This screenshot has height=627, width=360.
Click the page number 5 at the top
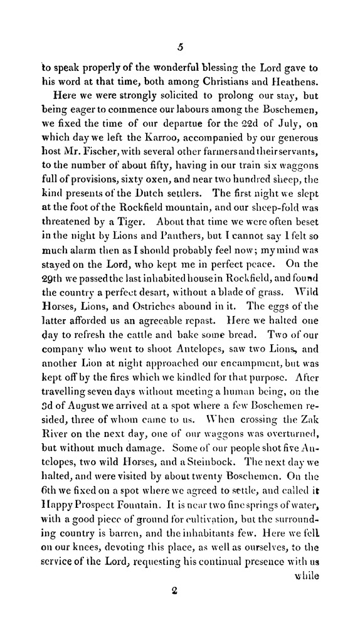tap(180, 45)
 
